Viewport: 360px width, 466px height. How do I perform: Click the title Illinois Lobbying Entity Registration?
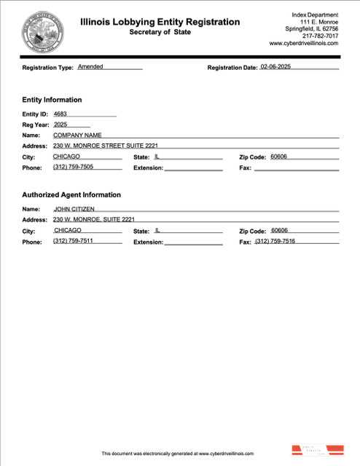coord(160,22)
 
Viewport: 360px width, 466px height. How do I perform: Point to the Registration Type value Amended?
coord(90,66)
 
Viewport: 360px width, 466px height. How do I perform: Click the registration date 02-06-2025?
coord(281,67)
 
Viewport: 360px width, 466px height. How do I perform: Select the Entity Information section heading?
coord(52,100)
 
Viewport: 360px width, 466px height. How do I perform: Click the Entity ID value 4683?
coord(60,114)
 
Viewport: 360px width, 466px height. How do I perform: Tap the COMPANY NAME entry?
coord(77,135)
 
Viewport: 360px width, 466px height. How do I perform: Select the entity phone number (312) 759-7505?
coord(73,167)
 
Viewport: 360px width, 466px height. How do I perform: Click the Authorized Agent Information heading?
coord(71,195)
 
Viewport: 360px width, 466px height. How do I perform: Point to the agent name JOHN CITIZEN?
coord(74,209)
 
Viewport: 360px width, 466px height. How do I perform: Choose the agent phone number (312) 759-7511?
coord(73,241)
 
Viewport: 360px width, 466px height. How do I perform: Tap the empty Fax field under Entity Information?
coord(295,167)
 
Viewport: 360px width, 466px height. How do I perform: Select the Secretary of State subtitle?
coord(160,33)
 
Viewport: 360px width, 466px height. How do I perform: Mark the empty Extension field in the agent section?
coord(193,241)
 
